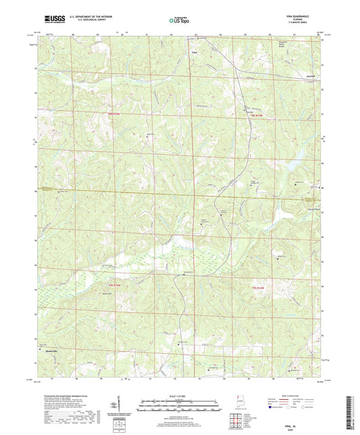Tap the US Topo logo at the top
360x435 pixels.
coord(179,22)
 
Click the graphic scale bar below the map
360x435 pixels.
coord(179,407)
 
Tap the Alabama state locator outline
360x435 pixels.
coord(238,401)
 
